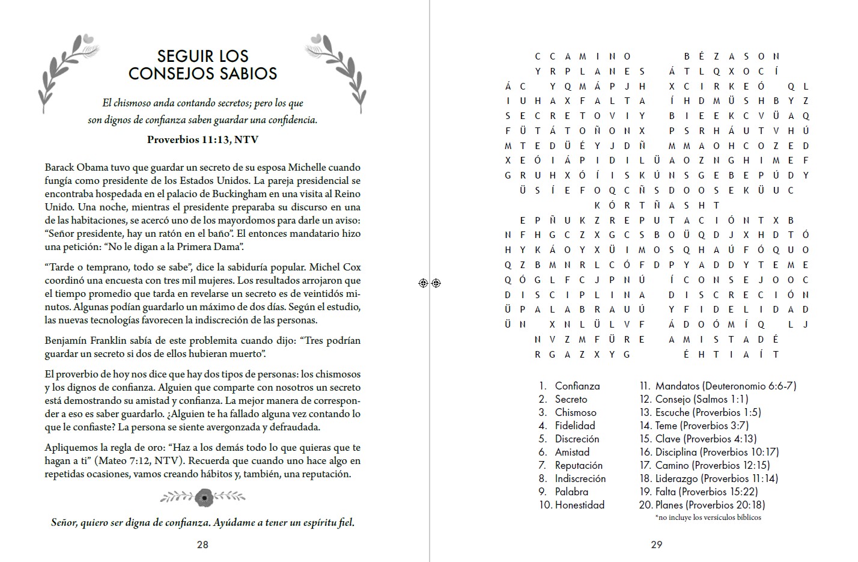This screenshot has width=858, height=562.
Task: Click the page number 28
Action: tap(202, 545)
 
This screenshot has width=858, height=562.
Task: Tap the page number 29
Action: tap(656, 545)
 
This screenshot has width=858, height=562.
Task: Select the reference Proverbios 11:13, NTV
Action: tap(202, 139)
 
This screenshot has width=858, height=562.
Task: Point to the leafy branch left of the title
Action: tap(67, 72)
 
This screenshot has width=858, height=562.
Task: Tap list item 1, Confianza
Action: tap(577, 386)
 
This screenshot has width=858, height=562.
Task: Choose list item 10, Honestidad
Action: tap(579, 505)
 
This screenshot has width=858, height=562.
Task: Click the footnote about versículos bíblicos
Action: tap(708, 517)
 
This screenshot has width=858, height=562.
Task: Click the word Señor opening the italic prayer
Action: tap(64, 522)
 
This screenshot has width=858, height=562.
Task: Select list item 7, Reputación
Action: tap(578, 465)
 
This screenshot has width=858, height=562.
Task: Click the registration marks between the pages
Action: tap(430, 283)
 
